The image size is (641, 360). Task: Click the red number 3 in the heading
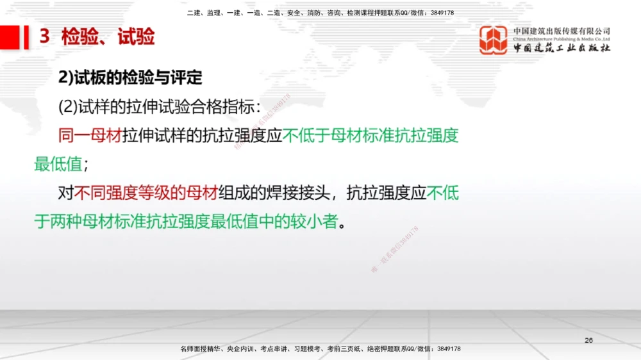tap(44, 37)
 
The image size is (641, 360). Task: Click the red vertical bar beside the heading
tap(26, 37)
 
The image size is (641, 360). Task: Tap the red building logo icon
tap(494, 40)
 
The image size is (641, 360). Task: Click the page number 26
tap(588, 340)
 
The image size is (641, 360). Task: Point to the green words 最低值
tap(58, 164)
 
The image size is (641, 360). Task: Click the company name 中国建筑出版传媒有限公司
tap(562, 31)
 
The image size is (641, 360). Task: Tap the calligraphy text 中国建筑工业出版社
tap(562, 49)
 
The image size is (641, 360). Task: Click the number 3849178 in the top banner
tap(442, 13)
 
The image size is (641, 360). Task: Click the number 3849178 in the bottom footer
tap(448, 348)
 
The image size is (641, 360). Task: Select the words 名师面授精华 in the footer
tap(199, 348)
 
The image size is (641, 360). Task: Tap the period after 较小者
tap(342, 224)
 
